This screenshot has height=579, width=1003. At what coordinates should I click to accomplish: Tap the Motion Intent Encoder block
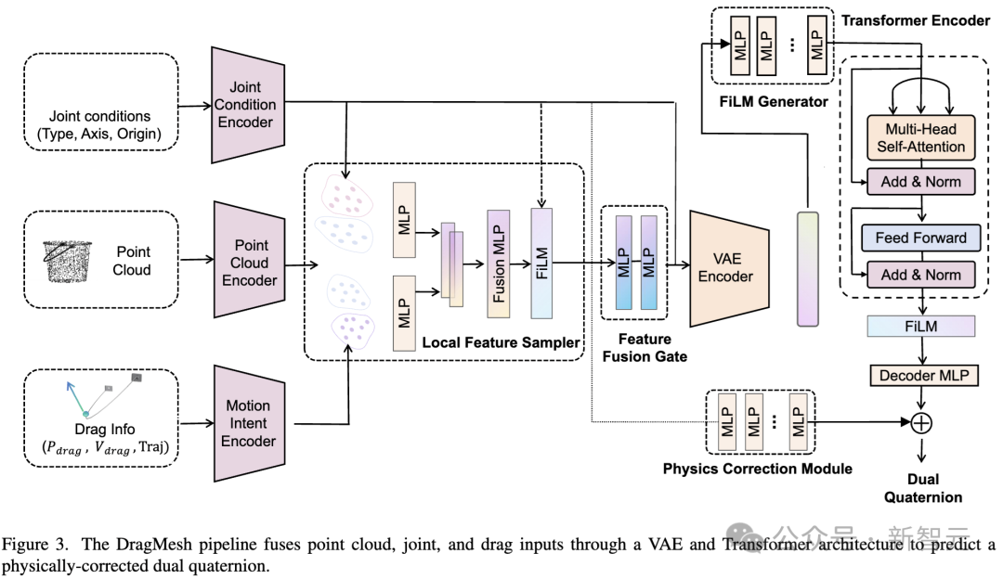[x=247, y=422]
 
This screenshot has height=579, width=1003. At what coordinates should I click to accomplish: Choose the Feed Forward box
[x=918, y=238]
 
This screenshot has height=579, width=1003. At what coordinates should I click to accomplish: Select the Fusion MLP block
[x=498, y=263]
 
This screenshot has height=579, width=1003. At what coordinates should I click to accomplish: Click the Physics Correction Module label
[x=757, y=469]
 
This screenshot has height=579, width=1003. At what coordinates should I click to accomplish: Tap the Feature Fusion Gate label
[x=645, y=347]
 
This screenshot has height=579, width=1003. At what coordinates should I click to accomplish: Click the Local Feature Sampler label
[x=500, y=342]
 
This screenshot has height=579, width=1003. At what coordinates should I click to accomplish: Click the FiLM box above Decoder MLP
[x=919, y=326]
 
